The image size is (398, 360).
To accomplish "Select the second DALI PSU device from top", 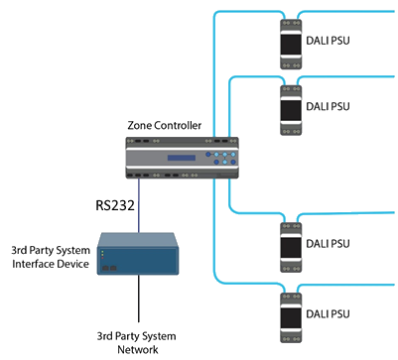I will [291, 106].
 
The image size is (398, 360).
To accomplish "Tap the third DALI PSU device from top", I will [291, 241].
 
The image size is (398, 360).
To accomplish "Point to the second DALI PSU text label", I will [327, 106].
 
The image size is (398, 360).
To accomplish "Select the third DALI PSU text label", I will [327, 241].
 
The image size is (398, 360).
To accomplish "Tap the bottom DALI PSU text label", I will [327, 309].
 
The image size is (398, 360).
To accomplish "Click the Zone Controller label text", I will [165, 127].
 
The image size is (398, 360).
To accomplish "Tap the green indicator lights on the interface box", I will [100, 260].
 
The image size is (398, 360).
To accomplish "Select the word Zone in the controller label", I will [139, 127].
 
